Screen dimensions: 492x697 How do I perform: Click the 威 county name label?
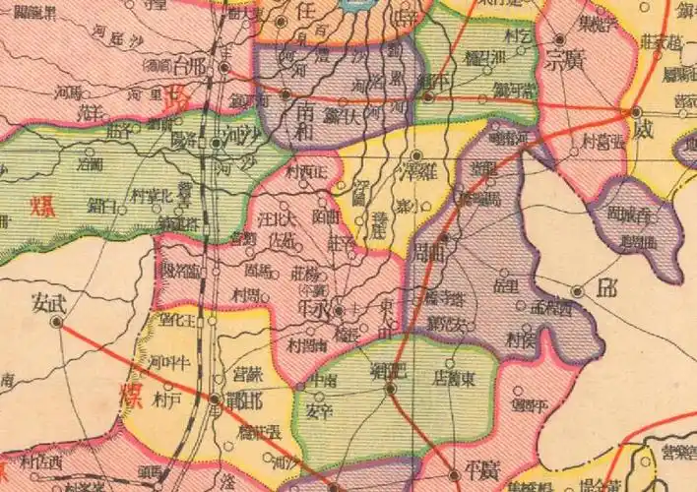tap(642, 130)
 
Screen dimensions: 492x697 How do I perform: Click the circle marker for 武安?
tap(58, 321)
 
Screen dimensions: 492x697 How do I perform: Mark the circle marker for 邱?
tap(578, 290)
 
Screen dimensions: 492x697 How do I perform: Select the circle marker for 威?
tap(637, 111)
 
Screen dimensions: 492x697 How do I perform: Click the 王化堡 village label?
tap(180, 319)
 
